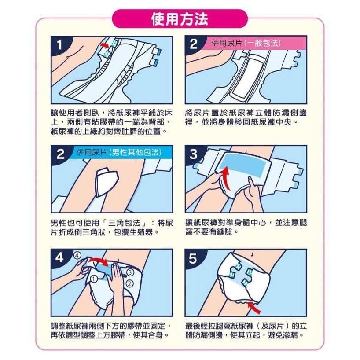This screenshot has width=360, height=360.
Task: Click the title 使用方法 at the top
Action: tap(180, 19)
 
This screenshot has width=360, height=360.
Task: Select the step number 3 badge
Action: tap(194, 154)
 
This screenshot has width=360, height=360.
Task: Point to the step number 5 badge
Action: tap(194, 259)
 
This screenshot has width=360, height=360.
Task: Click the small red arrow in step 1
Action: tap(104, 45)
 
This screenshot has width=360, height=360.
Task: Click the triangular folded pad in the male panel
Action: tap(106, 181)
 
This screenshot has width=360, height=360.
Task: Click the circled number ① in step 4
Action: tap(94, 279)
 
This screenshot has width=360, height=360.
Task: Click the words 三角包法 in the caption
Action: tap(117, 223)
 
